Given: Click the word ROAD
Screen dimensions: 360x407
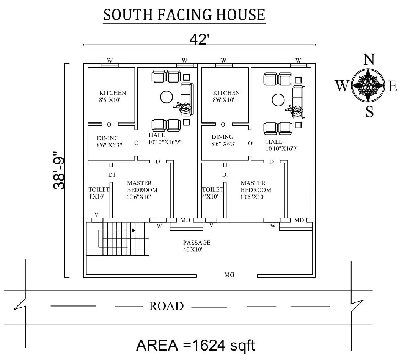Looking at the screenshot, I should pos(167,306).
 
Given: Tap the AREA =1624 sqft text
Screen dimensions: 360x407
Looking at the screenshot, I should pos(195,346).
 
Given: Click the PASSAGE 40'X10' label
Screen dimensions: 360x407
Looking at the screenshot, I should pos(196,246).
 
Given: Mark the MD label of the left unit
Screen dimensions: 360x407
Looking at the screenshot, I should pos(185,220).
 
